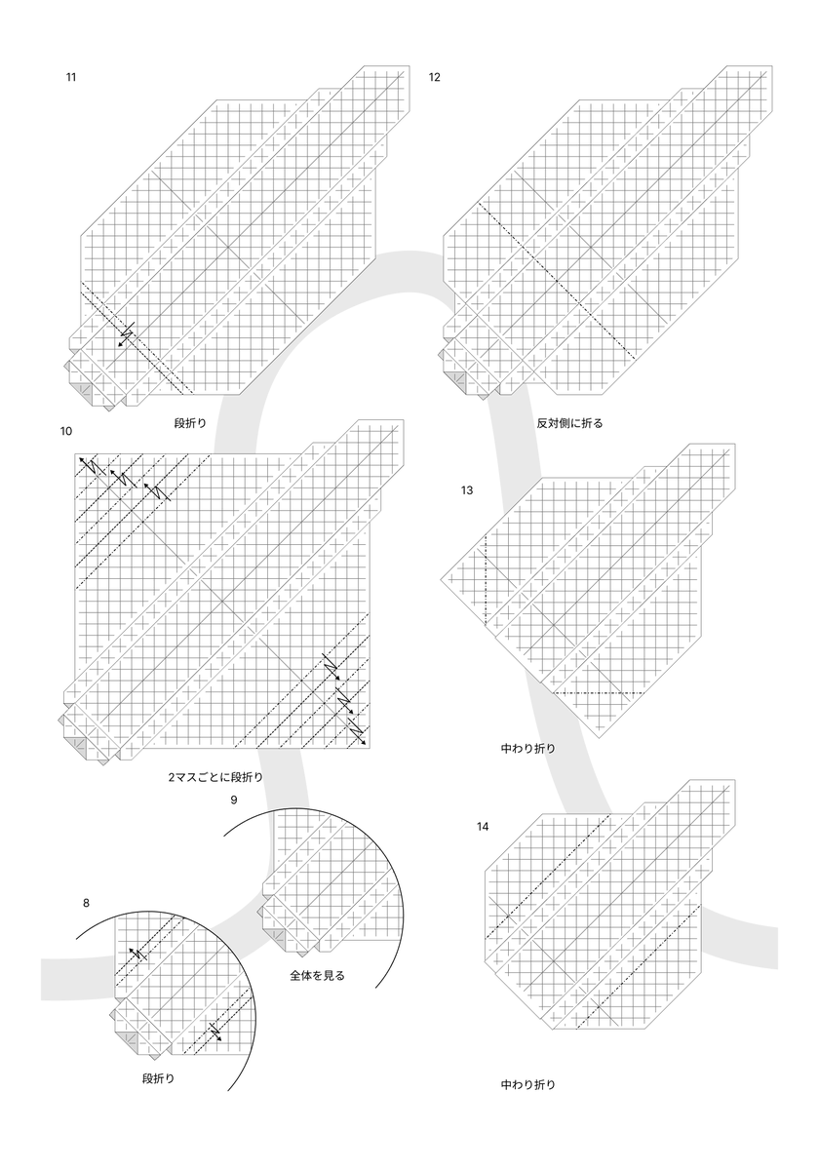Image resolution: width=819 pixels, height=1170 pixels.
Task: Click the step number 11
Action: tap(71, 76)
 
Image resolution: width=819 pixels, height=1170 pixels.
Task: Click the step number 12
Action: tap(434, 76)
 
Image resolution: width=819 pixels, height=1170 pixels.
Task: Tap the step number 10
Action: tap(66, 430)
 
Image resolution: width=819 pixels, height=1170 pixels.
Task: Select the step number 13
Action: tap(467, 490)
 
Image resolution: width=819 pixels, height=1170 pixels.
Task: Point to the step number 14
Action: tap(483, 827)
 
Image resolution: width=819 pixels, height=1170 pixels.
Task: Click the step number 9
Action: tap(233, 800)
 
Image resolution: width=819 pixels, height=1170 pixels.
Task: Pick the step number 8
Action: tap(86, 903)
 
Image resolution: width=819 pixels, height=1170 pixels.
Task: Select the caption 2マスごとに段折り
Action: tap(215, 777)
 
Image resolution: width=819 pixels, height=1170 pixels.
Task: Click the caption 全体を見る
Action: tap(317, 975)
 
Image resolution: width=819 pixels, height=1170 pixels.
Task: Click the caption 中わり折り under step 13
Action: tap(528, 749)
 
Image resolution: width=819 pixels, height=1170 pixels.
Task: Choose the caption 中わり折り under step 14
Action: tap(528, 1083)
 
